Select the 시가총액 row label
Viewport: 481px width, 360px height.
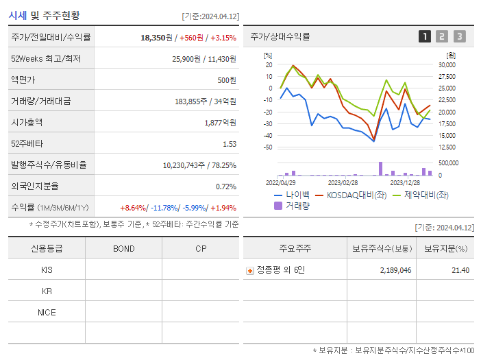pyautogui.click(x=27, y=123)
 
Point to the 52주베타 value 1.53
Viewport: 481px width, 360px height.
pyautogui.click(x=229, y=144)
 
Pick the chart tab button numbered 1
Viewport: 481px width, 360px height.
pyautogui.click(x=425, y=37)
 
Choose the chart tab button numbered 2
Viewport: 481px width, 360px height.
pyautogui.click(x=442, y=37)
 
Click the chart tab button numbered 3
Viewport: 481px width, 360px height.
pyautogui.click(x=459, y=37)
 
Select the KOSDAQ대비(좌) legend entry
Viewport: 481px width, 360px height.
pyautogui.click(x=349, y=195)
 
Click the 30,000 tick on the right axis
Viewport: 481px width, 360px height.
pyautogui.click(x=447, y=65)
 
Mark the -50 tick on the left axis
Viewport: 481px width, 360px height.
pyautogui.click(x=267, y=147)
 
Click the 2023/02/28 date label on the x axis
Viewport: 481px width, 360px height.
pyautogui.click(x=343, y=182)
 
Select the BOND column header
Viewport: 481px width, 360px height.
pyautogui.click(x=123, y=249)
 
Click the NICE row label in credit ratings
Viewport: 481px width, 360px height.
pyautogui.click(x=47, y=313)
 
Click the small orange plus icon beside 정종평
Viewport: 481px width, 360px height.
pyautogui.click(x=250, y=271)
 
